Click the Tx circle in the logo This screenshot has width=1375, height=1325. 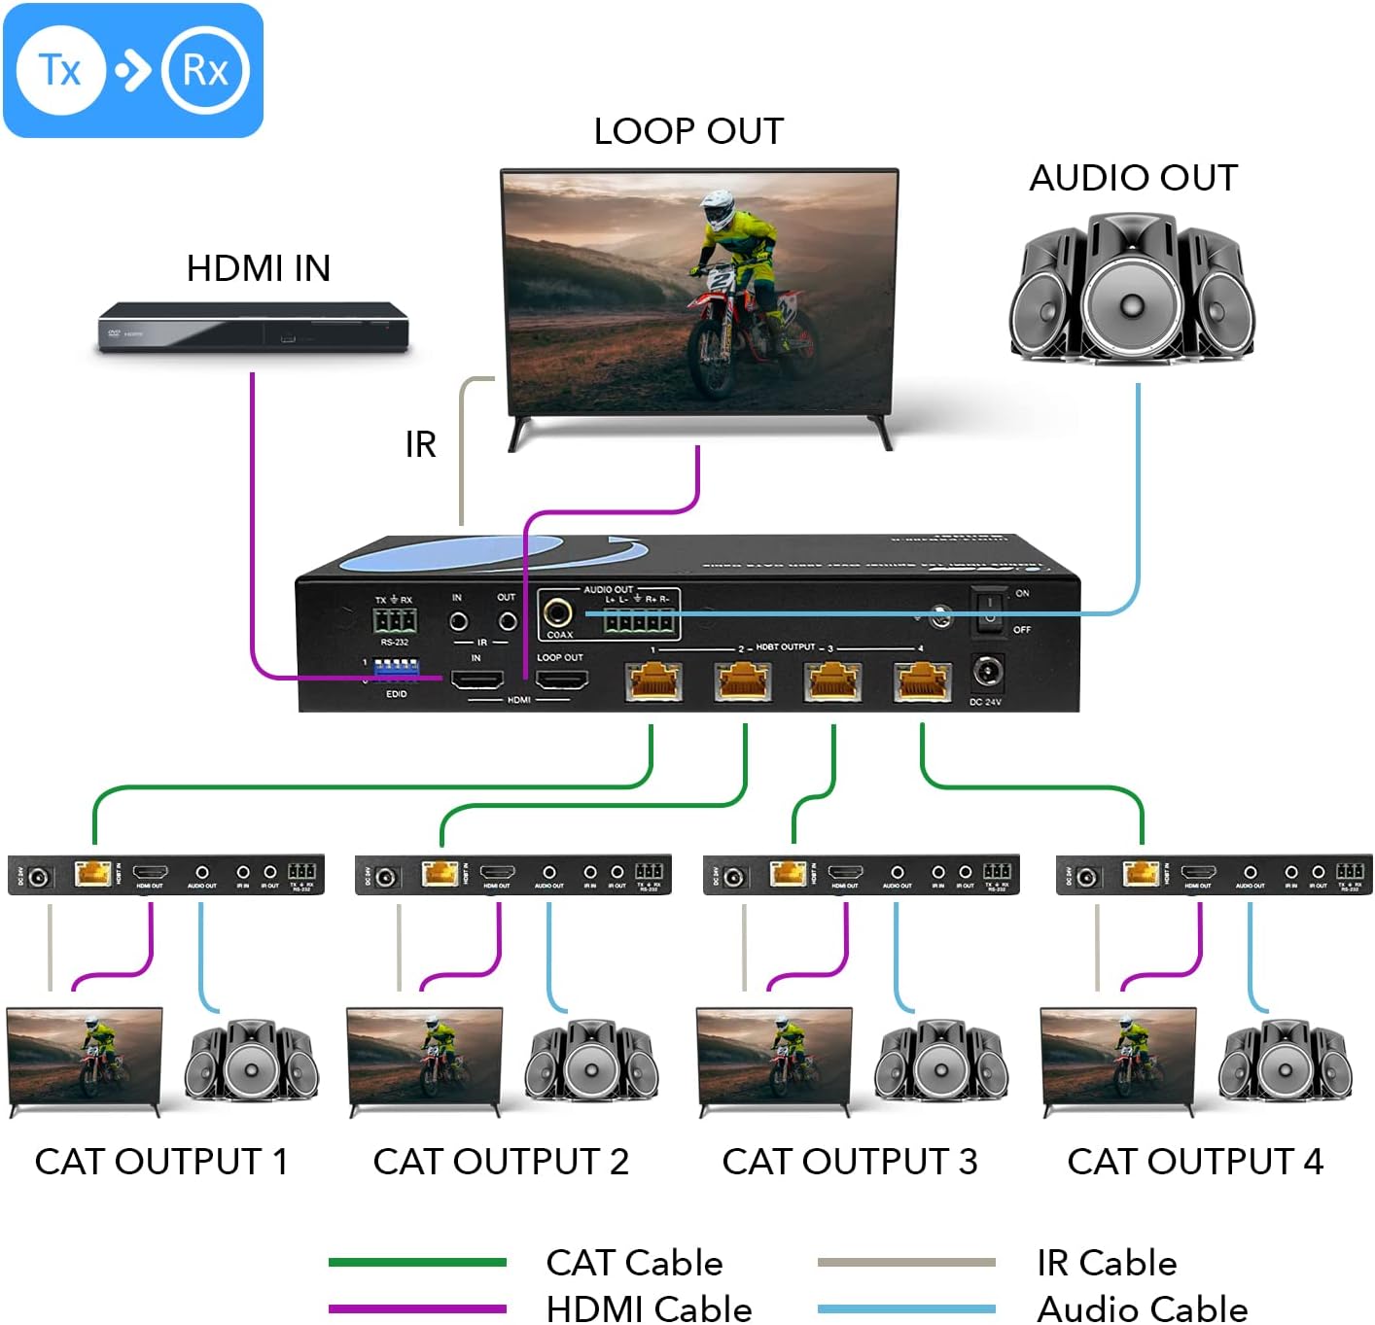coord(60,70)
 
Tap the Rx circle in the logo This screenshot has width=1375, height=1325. coord(205,70)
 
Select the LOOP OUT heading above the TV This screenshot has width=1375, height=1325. coord(688,131)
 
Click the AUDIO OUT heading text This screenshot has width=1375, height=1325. coord(1133,178)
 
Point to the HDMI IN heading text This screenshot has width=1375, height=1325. coord(259,268)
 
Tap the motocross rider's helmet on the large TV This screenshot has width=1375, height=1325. coord(717,208)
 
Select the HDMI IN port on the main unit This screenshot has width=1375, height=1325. coord(476,679)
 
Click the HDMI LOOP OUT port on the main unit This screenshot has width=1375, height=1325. coord(562,679)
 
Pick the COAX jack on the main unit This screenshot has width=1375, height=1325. coord(558,612)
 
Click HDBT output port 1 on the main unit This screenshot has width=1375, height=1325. coord(653,680)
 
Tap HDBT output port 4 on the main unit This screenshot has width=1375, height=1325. coord(922,680)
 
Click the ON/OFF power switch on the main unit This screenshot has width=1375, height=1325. coord(989,610)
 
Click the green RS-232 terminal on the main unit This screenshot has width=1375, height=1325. coord(395,621)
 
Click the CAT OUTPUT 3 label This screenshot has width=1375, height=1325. coord(849,1161)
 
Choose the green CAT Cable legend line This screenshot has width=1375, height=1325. coord(417,1263)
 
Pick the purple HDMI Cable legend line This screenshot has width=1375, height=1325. coord(417,1308)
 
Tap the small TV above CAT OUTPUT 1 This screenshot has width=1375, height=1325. coord(85,1057)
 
